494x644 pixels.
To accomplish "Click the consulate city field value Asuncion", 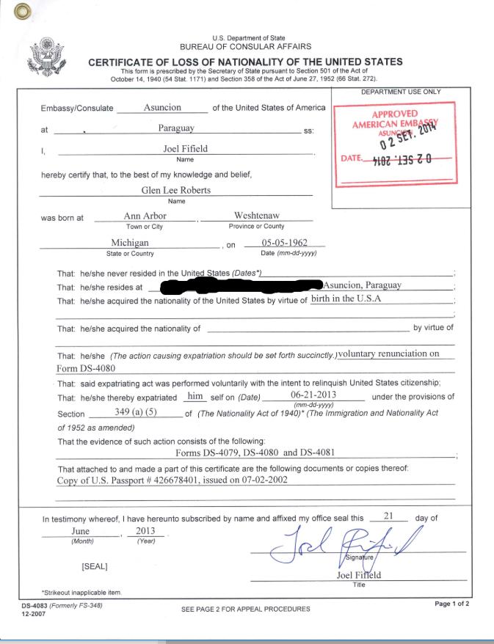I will [x=162, y=107].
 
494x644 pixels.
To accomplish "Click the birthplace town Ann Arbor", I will [x=145, y=216].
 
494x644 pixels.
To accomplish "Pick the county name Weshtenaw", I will [x=256, y=216].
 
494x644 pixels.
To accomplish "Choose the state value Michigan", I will [x=130, y=243].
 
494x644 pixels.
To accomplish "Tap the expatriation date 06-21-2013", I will [x=313, y=396].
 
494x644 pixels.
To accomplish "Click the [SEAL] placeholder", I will [x=95, y=566].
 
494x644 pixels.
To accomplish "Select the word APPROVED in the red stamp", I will [x=395, y=114].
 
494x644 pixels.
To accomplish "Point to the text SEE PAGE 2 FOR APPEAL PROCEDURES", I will [x=245, y=609].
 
